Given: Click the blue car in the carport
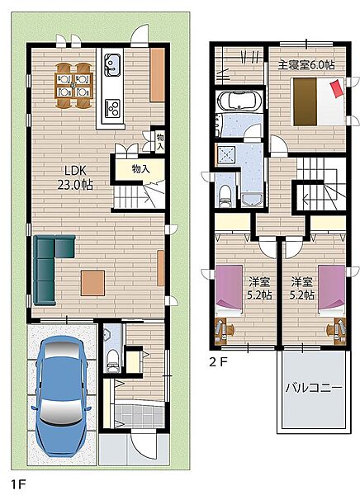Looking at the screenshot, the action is tap(62, 396).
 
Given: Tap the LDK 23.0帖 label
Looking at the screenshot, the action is tap(75, 177).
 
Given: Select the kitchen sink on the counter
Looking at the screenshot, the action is tap(112, 64).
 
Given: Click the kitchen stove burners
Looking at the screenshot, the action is tap(112, 107).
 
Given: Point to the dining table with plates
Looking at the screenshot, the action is tap(73, 85).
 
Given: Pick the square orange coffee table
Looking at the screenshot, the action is tap(92, 283).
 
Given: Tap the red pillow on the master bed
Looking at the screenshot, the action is tap(337, 88).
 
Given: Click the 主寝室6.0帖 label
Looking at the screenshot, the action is tap(306, 64).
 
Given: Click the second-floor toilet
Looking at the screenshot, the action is tap(225, 196).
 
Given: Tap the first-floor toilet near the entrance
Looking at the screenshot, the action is tap(113, 361).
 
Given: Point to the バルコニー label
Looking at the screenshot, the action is tap(314, 388).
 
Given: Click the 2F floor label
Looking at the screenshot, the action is tap(218, 362).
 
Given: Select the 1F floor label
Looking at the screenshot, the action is tap(19, 484).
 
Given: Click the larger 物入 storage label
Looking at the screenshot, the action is tap(140, 169).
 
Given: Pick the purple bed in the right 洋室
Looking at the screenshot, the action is tap(332, 290).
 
